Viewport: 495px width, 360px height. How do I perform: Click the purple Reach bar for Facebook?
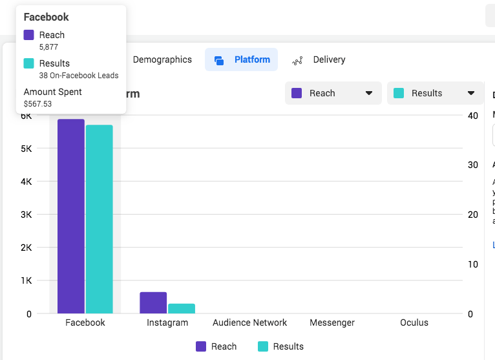pos(71,217)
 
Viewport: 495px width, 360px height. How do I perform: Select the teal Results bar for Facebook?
pos(99,220)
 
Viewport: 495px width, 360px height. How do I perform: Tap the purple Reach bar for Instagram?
pos(153,302)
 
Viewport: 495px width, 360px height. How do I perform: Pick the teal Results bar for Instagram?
pos(182,308)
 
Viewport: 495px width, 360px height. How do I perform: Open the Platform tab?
pos(242,59)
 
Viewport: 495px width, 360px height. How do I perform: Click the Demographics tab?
pos(162,59)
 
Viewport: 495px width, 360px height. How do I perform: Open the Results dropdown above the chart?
pos(435,93)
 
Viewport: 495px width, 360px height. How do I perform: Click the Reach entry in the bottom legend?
pos(216,346)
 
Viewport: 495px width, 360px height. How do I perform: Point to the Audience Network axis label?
pos(250,323)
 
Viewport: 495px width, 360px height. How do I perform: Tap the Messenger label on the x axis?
pos(332,323)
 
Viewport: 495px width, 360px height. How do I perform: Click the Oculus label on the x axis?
pos(414,323)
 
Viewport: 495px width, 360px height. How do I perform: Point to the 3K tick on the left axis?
pos(26,215)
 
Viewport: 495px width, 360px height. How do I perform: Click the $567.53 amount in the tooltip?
pos(38,103)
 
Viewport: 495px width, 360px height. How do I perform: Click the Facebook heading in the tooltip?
pos(47,17)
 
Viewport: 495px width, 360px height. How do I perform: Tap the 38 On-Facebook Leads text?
pos(79,75)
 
